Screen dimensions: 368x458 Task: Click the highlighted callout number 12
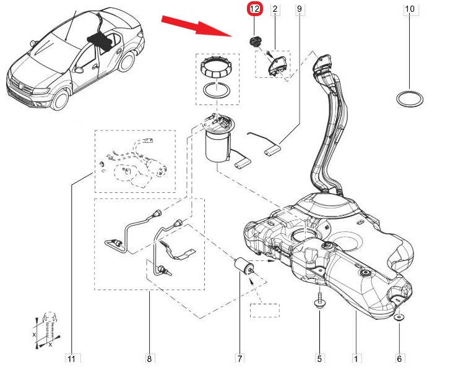tap(255, 9)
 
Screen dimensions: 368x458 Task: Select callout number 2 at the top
tap(275, 9)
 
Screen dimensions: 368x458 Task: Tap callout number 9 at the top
tap(300, 9)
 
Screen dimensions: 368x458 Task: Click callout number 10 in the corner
tap(409, 9)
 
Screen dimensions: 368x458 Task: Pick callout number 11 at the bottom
tap(71, 357)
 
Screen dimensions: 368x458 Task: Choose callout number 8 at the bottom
tap(150, 357)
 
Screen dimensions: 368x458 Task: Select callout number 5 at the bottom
tap(319, 357)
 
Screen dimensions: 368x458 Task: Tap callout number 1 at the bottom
tap(356, 357)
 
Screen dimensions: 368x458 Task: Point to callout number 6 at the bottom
tap(399, 357)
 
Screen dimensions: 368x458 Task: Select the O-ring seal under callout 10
tap(409, 99)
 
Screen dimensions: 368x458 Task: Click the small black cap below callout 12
tap(254, 41)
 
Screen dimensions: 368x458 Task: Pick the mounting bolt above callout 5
tap(319, 302)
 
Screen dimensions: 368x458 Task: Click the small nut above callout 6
tap(398, 317)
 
